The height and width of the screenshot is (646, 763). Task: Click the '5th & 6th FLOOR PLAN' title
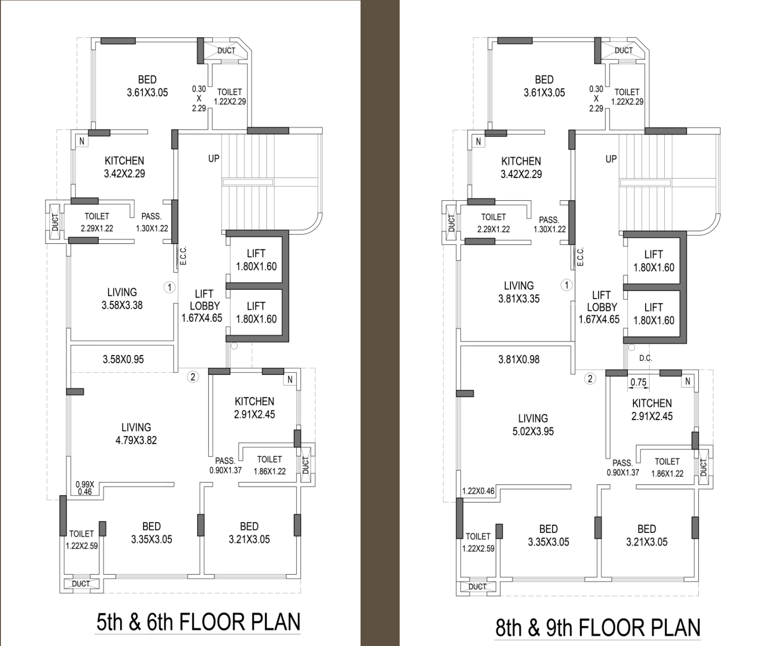click(x=198, y=622)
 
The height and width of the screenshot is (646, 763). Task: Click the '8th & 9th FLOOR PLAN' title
click(x=598, y=627)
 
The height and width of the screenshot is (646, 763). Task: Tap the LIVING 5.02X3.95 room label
click(x=533, y=425)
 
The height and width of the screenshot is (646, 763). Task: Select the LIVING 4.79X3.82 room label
click(x=136, y=433)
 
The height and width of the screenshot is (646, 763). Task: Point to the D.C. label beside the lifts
click(x=646, y=358)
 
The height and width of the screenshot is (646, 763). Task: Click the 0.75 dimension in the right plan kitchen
click(x=638, y=382)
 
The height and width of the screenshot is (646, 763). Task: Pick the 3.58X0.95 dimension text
click(x=123, y=359)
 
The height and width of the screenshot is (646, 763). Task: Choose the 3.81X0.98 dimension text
click(x=518, y=359)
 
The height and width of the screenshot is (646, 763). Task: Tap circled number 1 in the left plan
click(x=170, y=287)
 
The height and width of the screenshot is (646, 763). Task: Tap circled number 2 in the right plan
click(x=590, y=378)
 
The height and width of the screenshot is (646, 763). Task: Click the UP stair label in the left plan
click(x=213, y=158)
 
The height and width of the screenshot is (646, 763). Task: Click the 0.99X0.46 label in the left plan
click(x=85, y=488)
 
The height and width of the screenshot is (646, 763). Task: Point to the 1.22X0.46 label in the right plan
click(x=478, y=491)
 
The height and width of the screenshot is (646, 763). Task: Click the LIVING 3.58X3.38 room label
click(x=122, y=299)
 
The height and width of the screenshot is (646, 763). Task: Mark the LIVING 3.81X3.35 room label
click(x=518, y=292)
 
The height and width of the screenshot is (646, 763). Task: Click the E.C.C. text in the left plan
click(x=183, y=256)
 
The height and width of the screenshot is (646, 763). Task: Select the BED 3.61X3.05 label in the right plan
click(x=544, y=86)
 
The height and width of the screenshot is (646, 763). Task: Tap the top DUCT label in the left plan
click(x=226, y=50)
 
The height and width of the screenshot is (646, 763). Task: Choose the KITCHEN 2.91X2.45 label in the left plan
click(x=254, y=408)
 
